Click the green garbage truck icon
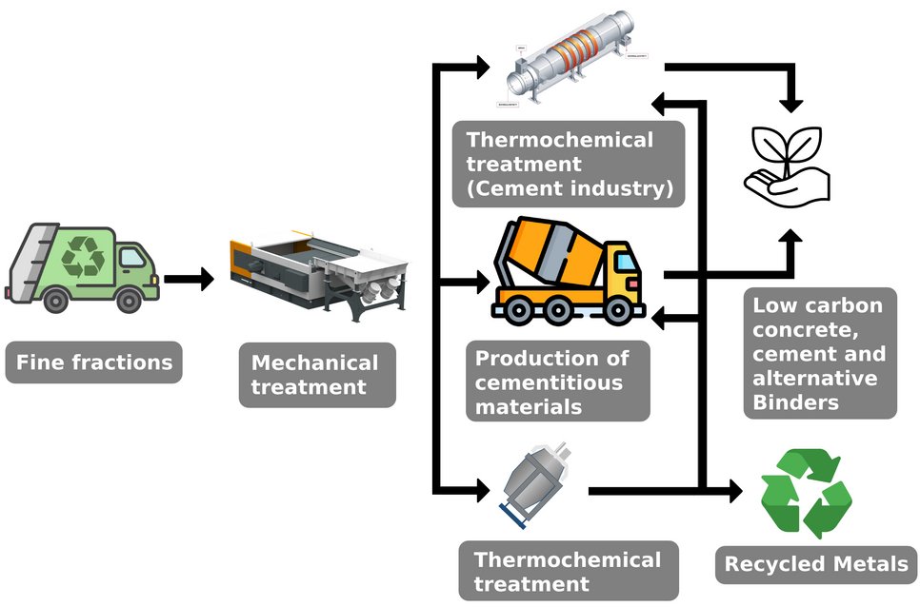(84, 267)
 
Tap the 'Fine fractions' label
(93, 362)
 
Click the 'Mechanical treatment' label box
(316, 375)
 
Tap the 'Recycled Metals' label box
(816, 564)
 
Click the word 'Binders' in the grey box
(796, 402)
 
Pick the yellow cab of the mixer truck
(620, 270)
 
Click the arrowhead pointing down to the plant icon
(790, 98)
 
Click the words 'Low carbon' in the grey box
(817, 306)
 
